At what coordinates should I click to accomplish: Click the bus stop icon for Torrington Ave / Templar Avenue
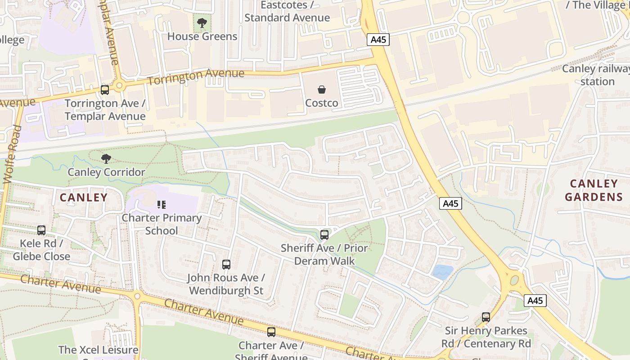point(105,90)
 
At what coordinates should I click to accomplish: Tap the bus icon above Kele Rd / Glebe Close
point(41,230)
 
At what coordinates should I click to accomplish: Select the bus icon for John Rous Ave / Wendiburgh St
point(226,265)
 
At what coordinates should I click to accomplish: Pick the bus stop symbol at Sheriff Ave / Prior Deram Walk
point(324,234)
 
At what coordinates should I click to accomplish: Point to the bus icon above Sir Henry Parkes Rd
point(486,317)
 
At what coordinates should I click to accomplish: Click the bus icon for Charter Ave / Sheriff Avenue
point(271,332)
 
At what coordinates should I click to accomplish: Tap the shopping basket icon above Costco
point(322,90)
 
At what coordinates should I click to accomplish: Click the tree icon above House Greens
point(202,23)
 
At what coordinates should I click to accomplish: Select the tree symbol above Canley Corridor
point(106,158)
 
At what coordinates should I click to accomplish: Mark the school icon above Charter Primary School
point(162,205)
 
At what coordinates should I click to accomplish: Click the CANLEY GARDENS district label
point(594,190)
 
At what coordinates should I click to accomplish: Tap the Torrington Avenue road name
point(196,77)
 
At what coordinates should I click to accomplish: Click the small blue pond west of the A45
point(442,270)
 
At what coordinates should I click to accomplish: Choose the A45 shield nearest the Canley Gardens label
point(450,203)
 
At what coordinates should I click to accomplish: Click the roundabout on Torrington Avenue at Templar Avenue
point(119,85)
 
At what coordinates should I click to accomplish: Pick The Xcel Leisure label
point(98,350)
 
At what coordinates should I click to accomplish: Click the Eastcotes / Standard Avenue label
point(287,12)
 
